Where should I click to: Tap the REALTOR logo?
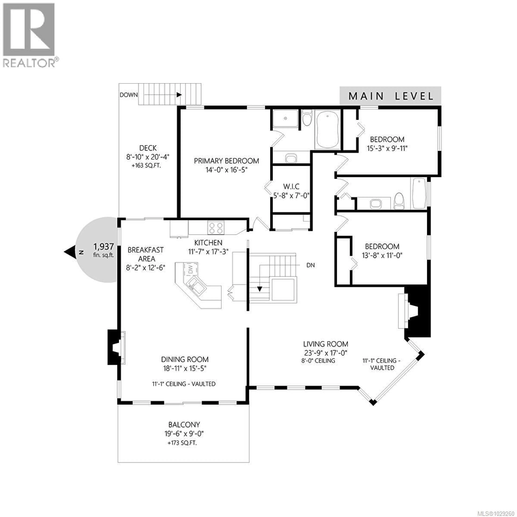(29, 35)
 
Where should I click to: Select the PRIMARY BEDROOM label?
(226, 161)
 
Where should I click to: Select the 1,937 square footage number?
(104, 246)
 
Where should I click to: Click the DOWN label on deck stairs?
(129, 95)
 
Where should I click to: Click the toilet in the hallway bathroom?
(399, 201)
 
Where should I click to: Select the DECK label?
(148, 148)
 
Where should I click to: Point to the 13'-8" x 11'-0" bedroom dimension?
(382, 255)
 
